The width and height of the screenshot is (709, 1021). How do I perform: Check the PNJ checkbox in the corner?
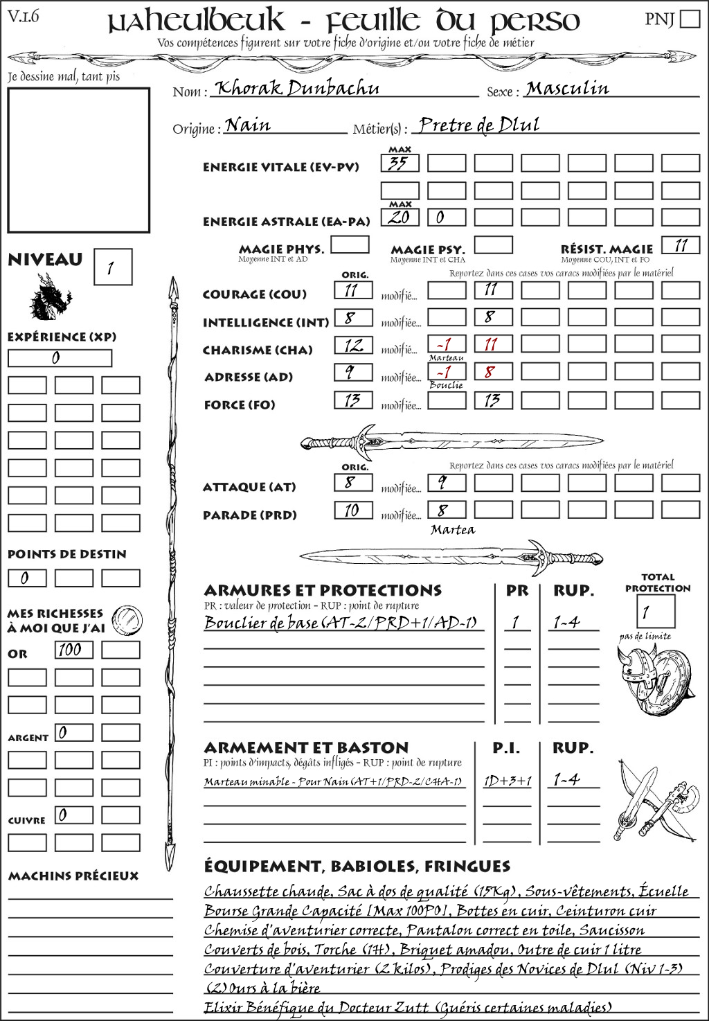coord(690,19)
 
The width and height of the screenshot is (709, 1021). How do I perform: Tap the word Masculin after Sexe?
coord(567,89)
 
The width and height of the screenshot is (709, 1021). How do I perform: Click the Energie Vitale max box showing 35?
coord(400,163)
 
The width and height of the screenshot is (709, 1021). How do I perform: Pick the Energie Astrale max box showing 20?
coord(400,217)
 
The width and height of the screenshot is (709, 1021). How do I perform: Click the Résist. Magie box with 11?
coord(681,245)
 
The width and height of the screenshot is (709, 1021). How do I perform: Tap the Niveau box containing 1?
coord(112,267)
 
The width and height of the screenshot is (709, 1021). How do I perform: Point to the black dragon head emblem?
coord(50,298)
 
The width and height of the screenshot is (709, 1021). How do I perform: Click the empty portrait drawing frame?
coord(78,160)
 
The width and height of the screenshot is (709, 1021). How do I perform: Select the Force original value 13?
coord(353,400)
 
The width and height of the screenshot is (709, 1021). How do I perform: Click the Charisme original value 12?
coord(353,345)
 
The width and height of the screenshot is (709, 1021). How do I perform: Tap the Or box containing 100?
coord(73,650)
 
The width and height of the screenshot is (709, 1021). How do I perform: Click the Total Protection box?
coord(655,612)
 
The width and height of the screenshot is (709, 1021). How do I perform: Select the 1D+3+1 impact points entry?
coord(507,781)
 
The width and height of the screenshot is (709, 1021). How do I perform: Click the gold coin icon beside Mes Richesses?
coord(127,619)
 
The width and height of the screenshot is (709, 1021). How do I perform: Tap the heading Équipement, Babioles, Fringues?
coord(357,867)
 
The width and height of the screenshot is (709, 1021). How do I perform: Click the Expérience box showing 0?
coord(60,358)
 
